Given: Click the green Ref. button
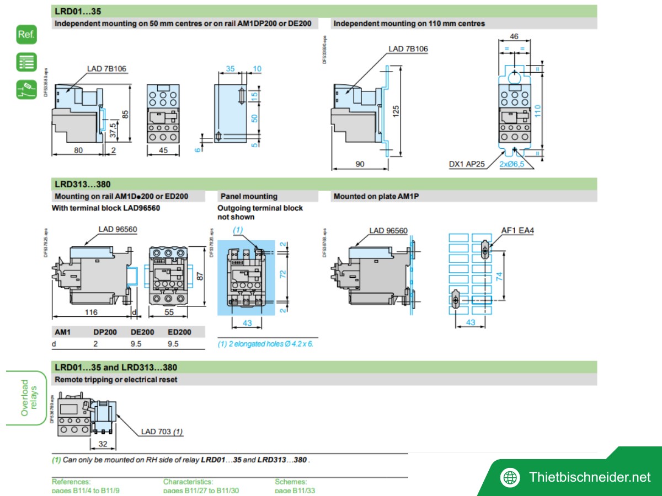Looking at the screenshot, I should point(26,35).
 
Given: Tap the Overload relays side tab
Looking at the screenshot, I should point(27,398).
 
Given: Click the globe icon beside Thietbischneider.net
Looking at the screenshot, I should point(510,477).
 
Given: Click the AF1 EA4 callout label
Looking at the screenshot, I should point(517,231).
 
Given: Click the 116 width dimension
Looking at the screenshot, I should point(91,312).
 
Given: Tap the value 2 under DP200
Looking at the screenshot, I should point(95,344).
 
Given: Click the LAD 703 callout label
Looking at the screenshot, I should point(162,432).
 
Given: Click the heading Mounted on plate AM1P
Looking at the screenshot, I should point(376,196).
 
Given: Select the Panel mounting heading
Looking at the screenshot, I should point(249,196).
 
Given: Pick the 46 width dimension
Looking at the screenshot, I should point(514,37).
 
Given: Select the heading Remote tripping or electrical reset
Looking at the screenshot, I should point(116,380).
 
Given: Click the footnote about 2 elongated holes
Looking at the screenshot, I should point(265,344).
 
